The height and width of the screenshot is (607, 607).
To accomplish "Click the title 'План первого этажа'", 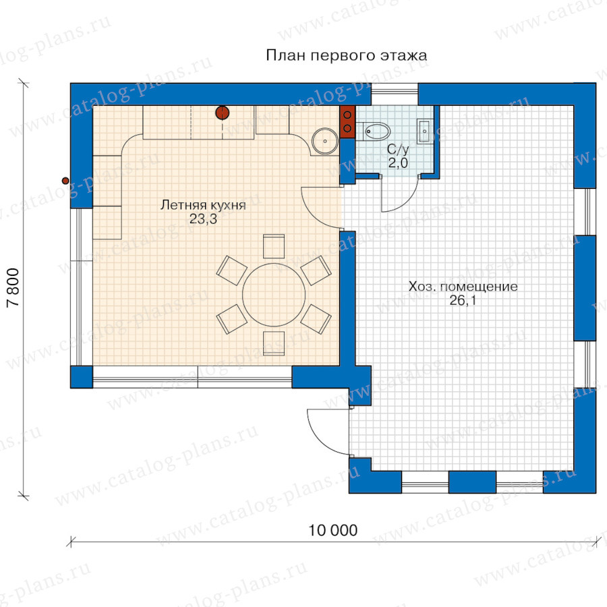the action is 347,55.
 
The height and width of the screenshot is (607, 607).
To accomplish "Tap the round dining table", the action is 274,295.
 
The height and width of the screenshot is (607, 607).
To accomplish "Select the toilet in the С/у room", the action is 372,132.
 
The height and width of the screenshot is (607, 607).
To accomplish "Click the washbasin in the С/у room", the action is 425,132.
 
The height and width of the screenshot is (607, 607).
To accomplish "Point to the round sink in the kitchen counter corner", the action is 324,141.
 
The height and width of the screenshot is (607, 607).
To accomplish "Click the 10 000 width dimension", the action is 333,530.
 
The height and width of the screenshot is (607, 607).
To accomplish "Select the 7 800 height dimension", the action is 13,287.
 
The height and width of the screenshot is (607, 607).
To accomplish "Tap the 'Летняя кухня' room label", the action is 203,204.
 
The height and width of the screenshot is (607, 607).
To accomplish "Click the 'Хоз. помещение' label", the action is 463,287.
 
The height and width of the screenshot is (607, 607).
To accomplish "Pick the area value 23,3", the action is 203,219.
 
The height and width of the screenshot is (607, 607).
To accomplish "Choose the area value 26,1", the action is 463,300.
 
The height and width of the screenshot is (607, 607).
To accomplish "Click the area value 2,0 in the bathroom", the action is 398,163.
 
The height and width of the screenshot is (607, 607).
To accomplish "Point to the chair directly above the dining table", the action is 274,246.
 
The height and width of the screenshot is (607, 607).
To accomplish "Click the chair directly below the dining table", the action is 274,343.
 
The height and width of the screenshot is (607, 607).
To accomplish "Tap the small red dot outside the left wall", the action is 65,181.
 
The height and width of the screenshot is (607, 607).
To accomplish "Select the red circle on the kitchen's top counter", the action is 222,113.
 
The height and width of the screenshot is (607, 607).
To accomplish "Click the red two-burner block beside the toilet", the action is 347,121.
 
